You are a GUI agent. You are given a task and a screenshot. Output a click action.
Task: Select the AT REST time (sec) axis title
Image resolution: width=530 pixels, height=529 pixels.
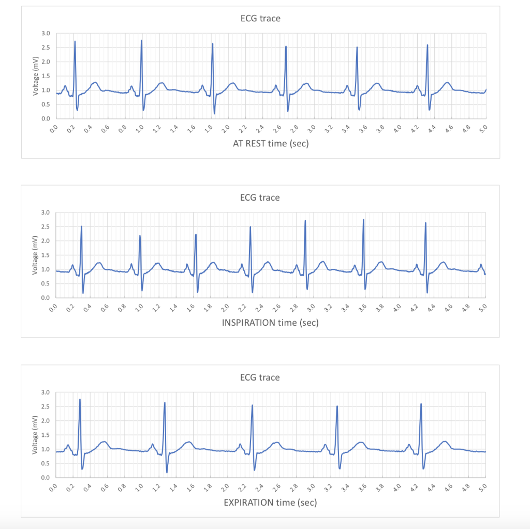(x=270, y=143)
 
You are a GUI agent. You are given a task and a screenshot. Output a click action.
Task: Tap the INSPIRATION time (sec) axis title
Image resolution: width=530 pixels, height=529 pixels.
(x=270, y=323)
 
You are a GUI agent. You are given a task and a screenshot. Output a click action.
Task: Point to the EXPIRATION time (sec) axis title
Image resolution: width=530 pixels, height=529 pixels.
(x=270, y=502)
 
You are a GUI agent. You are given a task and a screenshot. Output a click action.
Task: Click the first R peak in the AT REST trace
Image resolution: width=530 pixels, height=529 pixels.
(x=75, y=42)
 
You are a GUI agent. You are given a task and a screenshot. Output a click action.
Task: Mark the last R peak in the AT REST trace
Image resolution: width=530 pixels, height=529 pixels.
(x=427, y=46)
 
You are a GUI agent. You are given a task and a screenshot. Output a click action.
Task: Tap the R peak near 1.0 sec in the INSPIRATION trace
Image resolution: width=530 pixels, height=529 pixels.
(x=140, y=236)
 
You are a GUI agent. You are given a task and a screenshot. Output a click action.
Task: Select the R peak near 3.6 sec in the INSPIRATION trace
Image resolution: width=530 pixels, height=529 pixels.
(x=363, y=220)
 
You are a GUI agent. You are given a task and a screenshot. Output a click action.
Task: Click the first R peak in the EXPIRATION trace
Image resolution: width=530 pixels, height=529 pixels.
(x=80, y=400)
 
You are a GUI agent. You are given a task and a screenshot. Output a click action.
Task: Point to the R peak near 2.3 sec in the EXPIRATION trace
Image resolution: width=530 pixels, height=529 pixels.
(x=252, y=405)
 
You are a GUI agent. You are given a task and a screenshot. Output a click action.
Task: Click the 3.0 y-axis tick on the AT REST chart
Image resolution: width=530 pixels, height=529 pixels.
(x=46, y=34)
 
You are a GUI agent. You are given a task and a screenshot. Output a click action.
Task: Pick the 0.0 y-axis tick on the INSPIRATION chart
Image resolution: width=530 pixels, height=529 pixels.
(x=46, y=298)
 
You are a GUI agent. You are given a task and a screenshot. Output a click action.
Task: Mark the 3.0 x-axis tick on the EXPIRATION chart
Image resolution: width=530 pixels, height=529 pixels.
(x=312, y=487)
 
